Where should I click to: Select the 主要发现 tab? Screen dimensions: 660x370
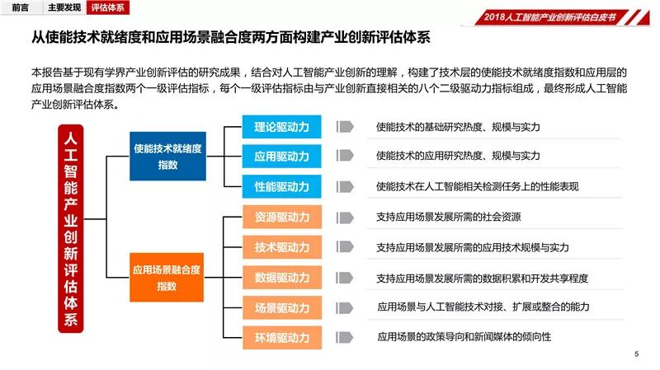64,8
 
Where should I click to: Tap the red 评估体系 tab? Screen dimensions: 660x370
108,8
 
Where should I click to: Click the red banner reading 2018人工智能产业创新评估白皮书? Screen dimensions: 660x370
551,16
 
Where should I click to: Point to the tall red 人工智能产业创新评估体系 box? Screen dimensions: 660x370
71,229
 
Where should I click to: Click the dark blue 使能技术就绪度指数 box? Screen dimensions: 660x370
167,156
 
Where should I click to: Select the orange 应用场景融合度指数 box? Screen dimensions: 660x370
167,277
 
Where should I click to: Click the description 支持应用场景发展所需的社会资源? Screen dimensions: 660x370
448,218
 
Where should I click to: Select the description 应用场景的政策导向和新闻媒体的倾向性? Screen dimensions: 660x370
464,337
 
